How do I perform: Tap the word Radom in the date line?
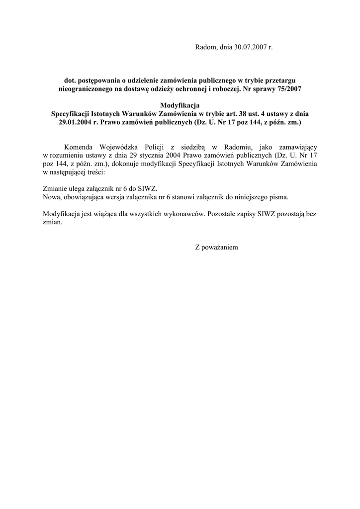[x=204, y=48]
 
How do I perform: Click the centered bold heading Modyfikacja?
[x=180, y=105]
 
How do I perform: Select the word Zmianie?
[x=55, y=188]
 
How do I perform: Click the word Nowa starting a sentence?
[x=52, y=197]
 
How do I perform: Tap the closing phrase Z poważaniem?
[x=216, y=247]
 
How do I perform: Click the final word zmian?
[x=52, y=222]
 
